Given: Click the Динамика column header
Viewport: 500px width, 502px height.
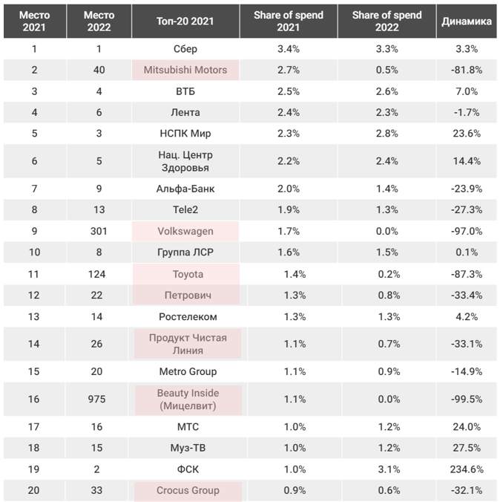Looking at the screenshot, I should [x=467, y=22].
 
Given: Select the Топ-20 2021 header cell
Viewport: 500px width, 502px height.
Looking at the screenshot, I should [x=186, y=22].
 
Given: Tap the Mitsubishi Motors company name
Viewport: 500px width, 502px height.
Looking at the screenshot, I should [x=186, y=70].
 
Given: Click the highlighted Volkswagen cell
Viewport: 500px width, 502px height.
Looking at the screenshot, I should [x=186, y=231].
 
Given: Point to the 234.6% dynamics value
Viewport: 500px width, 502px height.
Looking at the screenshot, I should [x=467, y=469].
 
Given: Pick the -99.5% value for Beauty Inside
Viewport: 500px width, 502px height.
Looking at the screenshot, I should [x=467, y=400].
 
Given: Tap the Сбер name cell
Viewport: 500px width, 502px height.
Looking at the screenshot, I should [x=186, y=48].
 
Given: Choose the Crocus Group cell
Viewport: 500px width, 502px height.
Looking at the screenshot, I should [x=186, y=490].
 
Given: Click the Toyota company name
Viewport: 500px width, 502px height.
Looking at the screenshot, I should [x=186, y=274].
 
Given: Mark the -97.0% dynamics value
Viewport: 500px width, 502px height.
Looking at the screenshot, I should [x=467, y=231].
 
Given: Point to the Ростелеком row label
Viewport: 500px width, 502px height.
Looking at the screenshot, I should [x=186, y=317].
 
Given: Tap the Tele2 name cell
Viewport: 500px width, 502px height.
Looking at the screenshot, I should [x=186, y=209].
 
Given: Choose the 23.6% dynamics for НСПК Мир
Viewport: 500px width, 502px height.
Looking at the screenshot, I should [x=467, y=134].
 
